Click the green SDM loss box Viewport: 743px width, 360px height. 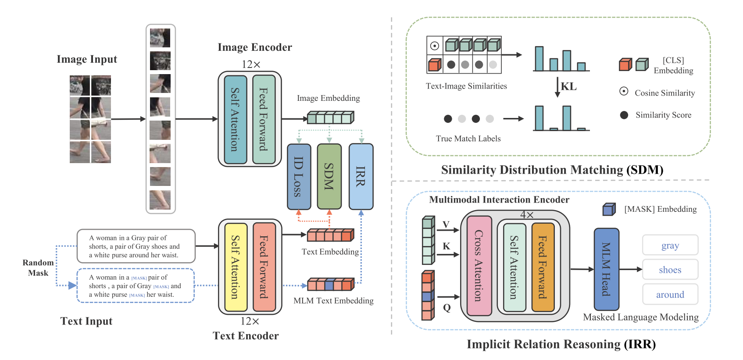pyautogui.click(x=329, y=176)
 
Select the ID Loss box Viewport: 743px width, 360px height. pyautogui.click(x=299, y=176)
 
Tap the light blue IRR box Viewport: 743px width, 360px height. pyautogui.click(x=361, y=176)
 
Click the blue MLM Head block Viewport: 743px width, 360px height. pyautogui.click(x=606, y=269)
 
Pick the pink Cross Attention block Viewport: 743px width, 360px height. pyautogui.click(x=479, y=266)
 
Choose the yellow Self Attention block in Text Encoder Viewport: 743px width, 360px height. pyautogui.click(x=236, y=267)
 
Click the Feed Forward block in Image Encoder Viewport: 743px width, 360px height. pyautogui.click(x=264, y=119)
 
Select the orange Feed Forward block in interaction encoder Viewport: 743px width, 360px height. pyautogui.click(x=543, y=267)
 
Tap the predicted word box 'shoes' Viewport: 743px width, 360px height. pyautogui.click(x=670, y=270)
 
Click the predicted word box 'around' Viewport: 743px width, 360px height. pyautogui.click(x=670, y=294)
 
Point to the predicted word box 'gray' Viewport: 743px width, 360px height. pyautogui.click(x=670, y=245)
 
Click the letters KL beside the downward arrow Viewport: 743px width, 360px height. pyautogui.click(x=568, y=86)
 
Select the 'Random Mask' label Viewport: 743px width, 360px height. pyautogui.click(x=38, y=267)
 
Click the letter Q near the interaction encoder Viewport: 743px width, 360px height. pyautogui.click(x=447, y=307)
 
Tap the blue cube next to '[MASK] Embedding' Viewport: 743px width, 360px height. pyautogui.click(x=609, y=209)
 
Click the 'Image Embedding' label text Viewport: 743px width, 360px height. pyautogui.click(x=328, y=98)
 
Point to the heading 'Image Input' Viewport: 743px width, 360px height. pyautogui.click(x=87, y=59)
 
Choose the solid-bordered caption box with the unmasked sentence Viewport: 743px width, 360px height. pyautogui.click(x=136, y=246)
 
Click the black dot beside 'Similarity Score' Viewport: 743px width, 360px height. pyautogui.click(x=624, y=115)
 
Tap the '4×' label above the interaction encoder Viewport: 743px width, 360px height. pyautogui.click(x=527, y=215)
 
